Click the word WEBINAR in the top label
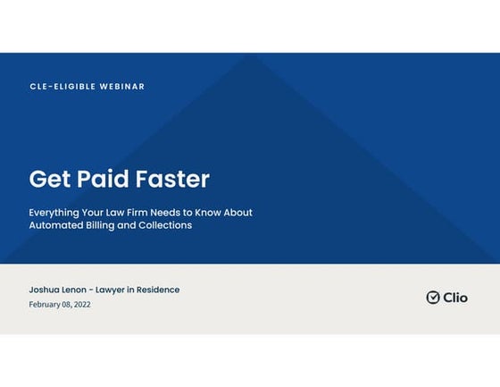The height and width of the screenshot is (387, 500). pyautogui.click(x=122, y=87)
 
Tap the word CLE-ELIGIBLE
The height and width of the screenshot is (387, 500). pyautogui.click(x=62, y=87)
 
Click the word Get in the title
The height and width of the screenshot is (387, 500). pyautogui.click(x=50, y=179)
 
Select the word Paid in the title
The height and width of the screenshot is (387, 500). pyautogui.click(x=103, y=179)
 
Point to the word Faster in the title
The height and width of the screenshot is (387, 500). pyautogui.click(x=172, y=179)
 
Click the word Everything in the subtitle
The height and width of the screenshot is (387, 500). pyautogui.click(x=54, y=213)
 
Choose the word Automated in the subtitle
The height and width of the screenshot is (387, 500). pyautogui.click(x=55, y=225)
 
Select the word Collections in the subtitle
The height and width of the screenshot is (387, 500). pyautogui.click(x=165, y=225)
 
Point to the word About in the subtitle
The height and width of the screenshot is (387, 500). pyautogui.click(x=237, y=213)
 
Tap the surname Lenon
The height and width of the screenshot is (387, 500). pyautogui.click(x=73, y=290)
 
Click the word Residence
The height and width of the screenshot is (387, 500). pyautogui.click(x=158, y=290)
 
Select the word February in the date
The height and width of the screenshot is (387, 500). pyautogui.click(x=45, y=305)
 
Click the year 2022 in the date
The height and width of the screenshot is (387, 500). pyautogui.click(x=82, y=305)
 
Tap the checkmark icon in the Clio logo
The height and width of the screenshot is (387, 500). pyautogui.click(x=433, y=298)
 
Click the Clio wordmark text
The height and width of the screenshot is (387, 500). pyautogui.click(x=455, y=298)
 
